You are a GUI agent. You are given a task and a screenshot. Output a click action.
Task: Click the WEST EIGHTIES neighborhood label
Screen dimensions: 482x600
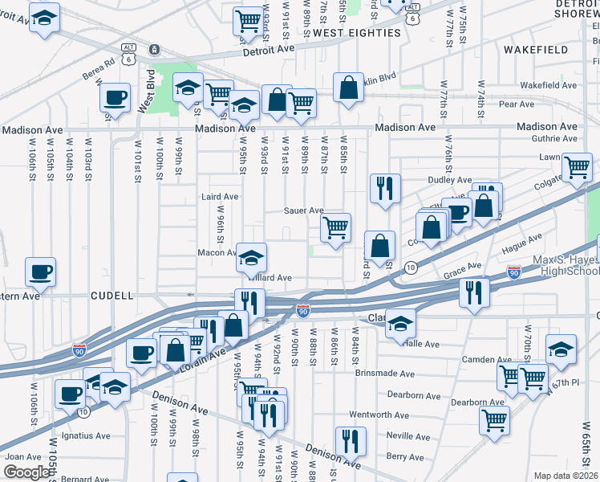[x=356, y=33]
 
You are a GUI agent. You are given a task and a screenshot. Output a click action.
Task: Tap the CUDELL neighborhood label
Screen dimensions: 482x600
[x=111, y=296]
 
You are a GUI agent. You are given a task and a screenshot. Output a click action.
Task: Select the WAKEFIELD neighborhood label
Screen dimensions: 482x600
[x=536, y=50]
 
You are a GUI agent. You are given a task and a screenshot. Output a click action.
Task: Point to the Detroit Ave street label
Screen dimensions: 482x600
[x=269, y=49]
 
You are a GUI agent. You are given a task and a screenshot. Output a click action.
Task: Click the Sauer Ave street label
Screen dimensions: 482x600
[x=304, y=210]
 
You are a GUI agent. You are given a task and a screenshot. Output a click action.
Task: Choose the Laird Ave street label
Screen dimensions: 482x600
[x=220, y=196]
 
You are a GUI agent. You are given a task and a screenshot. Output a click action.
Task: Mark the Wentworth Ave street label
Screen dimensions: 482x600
[x=379, y=415]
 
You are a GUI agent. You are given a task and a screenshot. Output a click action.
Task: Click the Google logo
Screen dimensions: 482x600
[x=26, y=472]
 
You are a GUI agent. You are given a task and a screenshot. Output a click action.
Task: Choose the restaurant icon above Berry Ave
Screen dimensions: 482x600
[x=351, y=440]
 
